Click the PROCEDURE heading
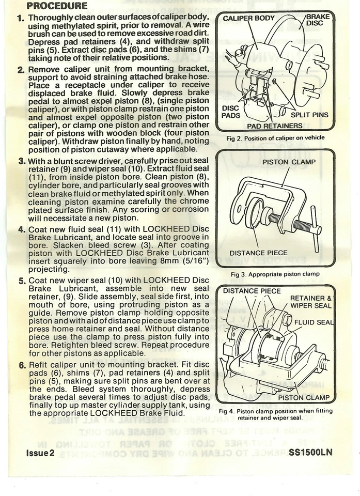click(x=57, y=6)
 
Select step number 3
click(x=22, y=161)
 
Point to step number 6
click(x=22, y=366)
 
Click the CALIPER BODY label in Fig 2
click(x=249, y=19)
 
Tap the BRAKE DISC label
click(x=316, y=19)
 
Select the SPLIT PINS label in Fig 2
click(x=309, y=115)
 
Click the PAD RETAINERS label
click(x=275, y=126)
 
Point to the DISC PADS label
click(x=231, y=112)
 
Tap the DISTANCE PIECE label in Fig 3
click(x=258, y=253)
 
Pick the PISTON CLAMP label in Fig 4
click(x=304, y=398)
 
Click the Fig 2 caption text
click(x=275, y=137)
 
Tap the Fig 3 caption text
click(x=275, y=274)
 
